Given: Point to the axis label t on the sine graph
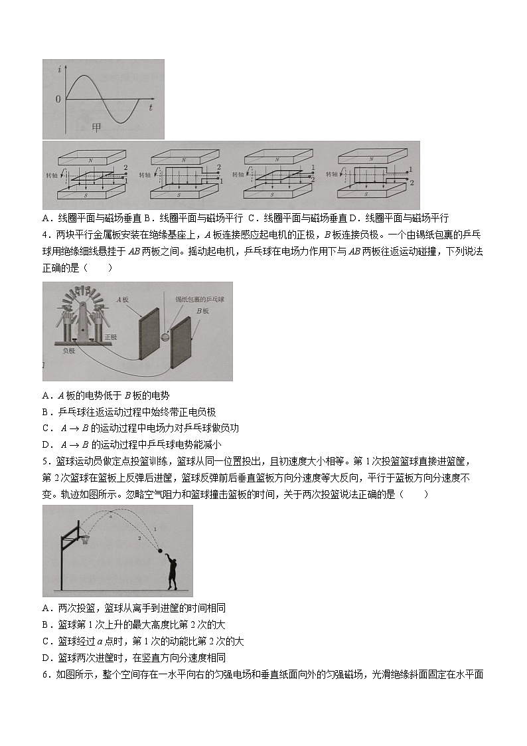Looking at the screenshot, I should [151, 106].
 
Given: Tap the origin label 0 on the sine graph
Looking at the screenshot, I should [58, 100].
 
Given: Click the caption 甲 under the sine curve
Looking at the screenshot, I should [97, 128].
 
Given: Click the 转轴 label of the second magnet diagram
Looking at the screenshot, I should [145, 175].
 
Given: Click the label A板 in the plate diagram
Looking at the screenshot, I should [123, 300].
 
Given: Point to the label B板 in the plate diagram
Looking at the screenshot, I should [202, 310].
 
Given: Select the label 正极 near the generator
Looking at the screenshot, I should [111, 337].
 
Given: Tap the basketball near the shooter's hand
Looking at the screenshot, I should [160, 549].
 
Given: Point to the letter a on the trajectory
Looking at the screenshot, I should [111, 516].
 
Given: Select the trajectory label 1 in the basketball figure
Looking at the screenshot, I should [155, 529].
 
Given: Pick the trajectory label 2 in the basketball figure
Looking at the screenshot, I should [139, 539].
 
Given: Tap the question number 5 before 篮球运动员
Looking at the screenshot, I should [44, 461].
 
